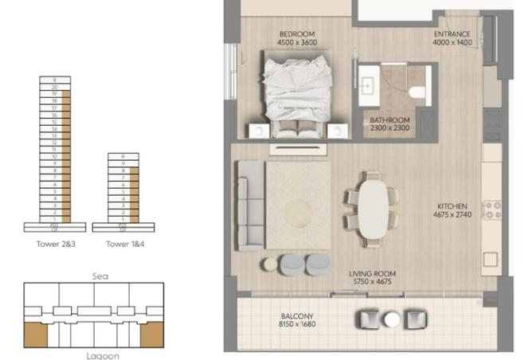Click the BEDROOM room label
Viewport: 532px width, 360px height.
pyautogui.click(x=297, y=34)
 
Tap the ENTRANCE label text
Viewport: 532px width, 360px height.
pyautogui.click(x=452, y=34)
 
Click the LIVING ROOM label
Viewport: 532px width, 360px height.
pyautogui.click(x=373, y=274)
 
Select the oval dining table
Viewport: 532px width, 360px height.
pyautogui.click(x=371, y=209)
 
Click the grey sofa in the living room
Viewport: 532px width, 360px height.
pyautogui.click(x=249, y=205)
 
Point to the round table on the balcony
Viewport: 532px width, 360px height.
pyautogui.click(x=391, y=319)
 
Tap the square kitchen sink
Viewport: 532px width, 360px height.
pyautogui.click(x=491, y=260)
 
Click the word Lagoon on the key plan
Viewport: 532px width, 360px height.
pyautogui.click(x=103, y=354)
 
